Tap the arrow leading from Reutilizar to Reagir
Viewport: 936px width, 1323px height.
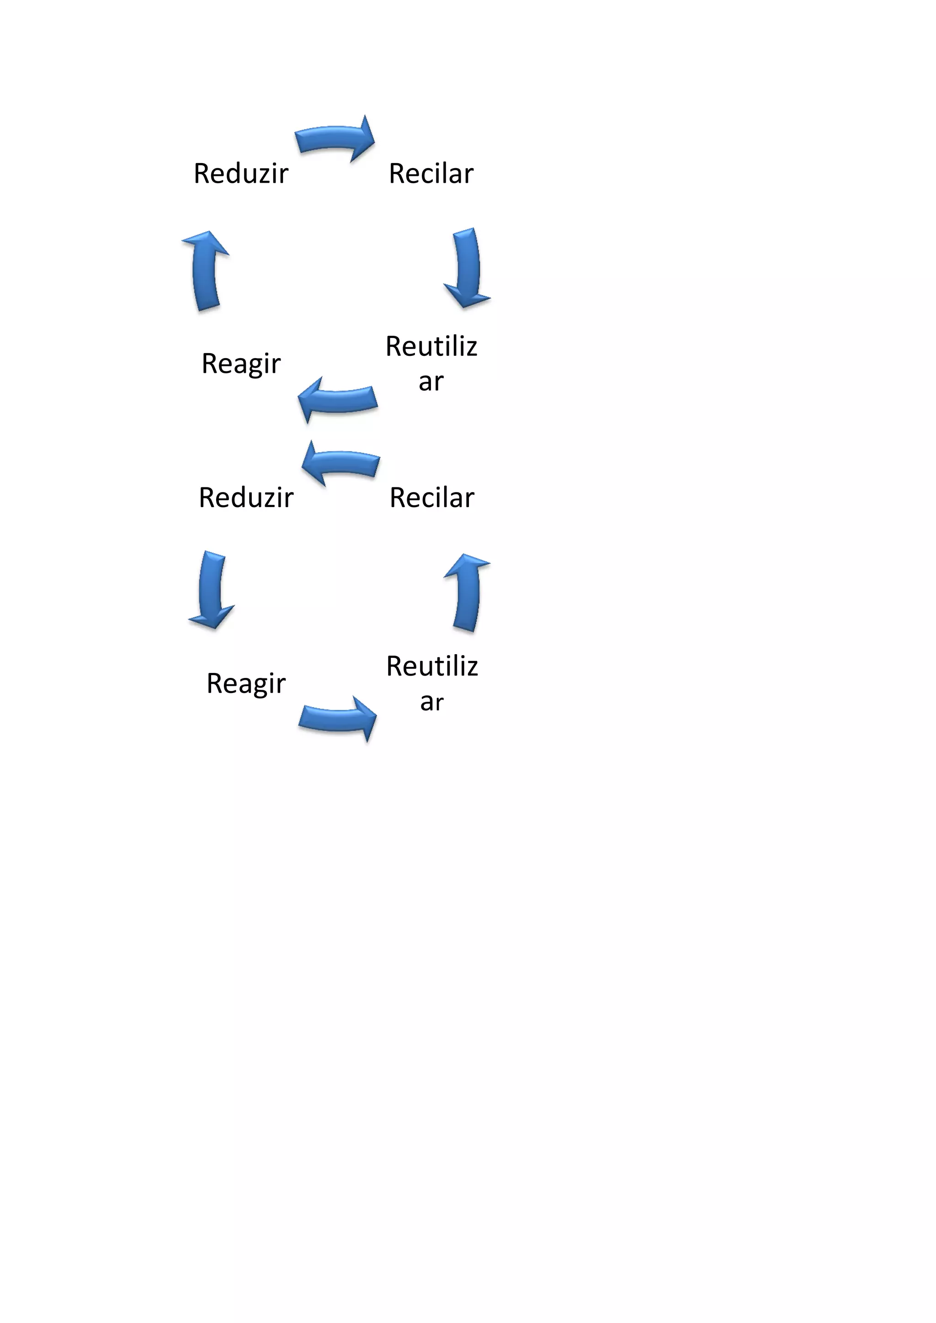click(338, 399)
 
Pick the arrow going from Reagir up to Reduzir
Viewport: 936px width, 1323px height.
click(205, 270)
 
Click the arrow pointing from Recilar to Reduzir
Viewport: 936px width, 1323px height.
click(341, 463)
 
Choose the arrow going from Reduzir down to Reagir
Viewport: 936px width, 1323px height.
click(212, 589)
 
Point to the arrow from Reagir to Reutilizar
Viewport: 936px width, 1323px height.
click(338, 719)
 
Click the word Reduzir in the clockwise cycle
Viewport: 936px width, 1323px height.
click(241, 174)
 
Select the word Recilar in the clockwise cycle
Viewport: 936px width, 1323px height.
click(431, 174)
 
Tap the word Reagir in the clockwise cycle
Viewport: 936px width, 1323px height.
click(241, 364)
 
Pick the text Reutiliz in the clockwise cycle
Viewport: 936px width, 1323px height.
click(431, 346)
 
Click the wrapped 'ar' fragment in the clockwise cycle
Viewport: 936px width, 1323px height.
click(431, 382)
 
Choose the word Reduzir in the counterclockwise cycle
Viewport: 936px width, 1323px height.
click(246, 498)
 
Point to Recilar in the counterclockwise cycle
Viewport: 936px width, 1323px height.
click(432, 498)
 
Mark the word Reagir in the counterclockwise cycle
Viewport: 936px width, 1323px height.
click(246, 684)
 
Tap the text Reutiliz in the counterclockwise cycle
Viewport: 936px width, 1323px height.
click(432, 667)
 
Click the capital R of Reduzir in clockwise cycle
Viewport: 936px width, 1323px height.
click(201, 174)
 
